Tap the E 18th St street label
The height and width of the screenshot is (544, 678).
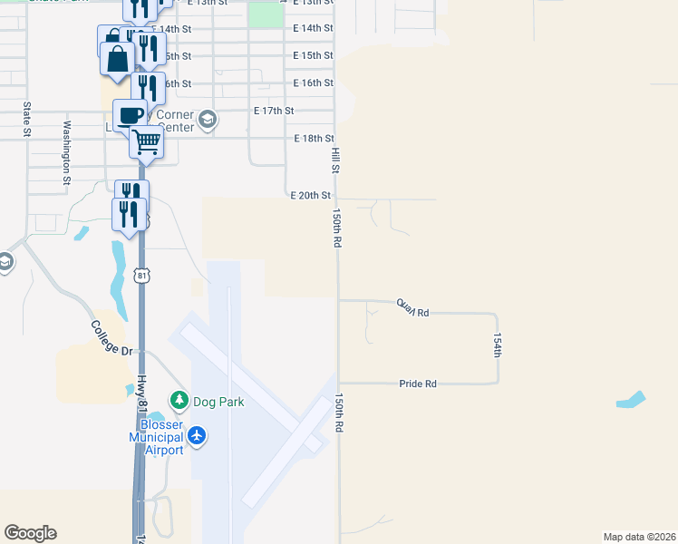[315, 138]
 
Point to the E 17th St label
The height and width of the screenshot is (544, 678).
[275, 111]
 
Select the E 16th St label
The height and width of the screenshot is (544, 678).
[314, 83]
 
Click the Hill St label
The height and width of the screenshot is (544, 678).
[335, 161]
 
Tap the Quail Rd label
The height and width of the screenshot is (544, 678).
[412, 308]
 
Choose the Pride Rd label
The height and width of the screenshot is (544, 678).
[418, 384]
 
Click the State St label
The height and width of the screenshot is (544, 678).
[26, 120]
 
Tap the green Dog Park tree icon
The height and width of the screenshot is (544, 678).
[179, 400]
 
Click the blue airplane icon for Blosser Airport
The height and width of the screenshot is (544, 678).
[197, 437]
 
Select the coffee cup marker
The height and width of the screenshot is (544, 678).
[130, 116]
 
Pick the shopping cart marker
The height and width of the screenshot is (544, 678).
[146, 141]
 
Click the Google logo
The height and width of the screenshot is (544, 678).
[30, 533]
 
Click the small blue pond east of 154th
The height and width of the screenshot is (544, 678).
[631, 399]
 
